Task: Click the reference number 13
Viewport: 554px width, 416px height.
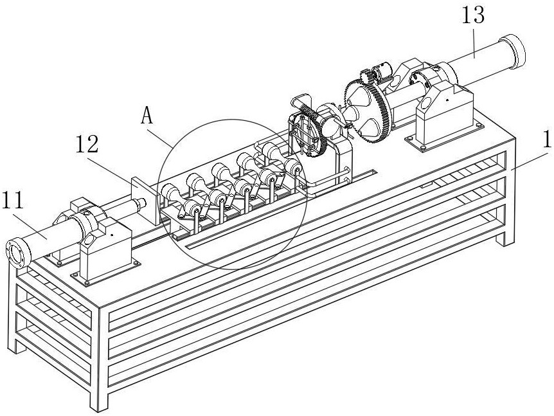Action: (473, 15)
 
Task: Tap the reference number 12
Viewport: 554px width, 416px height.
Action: (87, 144)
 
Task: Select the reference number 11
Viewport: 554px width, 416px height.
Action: (13, 200)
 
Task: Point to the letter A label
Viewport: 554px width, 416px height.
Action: (147, 116)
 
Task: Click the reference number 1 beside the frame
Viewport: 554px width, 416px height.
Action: (547, 140)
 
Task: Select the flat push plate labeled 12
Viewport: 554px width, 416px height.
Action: (145, 200)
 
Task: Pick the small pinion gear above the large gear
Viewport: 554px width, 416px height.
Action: (366, 77)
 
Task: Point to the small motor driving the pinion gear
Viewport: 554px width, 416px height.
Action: (382, 70)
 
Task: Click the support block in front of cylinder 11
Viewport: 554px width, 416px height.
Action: (105, 251)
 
